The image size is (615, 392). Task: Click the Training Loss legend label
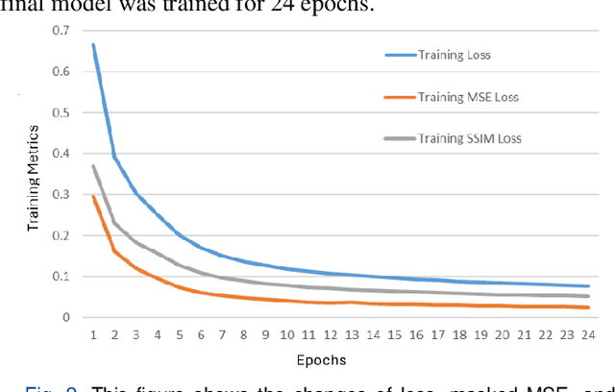tap(455, 55)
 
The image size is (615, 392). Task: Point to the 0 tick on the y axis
tap(65, 317)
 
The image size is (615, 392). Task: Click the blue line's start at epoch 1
tap(93, 44)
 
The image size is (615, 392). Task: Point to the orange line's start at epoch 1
tap(93, 196)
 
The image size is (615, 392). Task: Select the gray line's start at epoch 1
tap(93, 165)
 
